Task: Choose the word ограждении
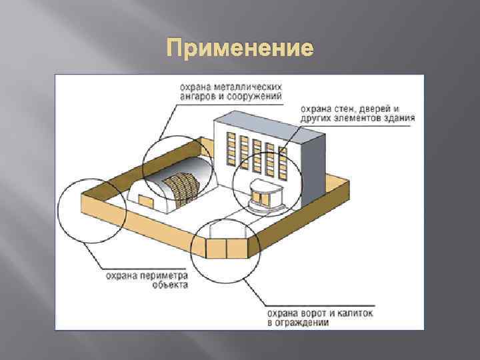[x=303, y=322]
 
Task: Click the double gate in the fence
[x=227, y=247]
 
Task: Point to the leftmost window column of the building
[x=231, y=148]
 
